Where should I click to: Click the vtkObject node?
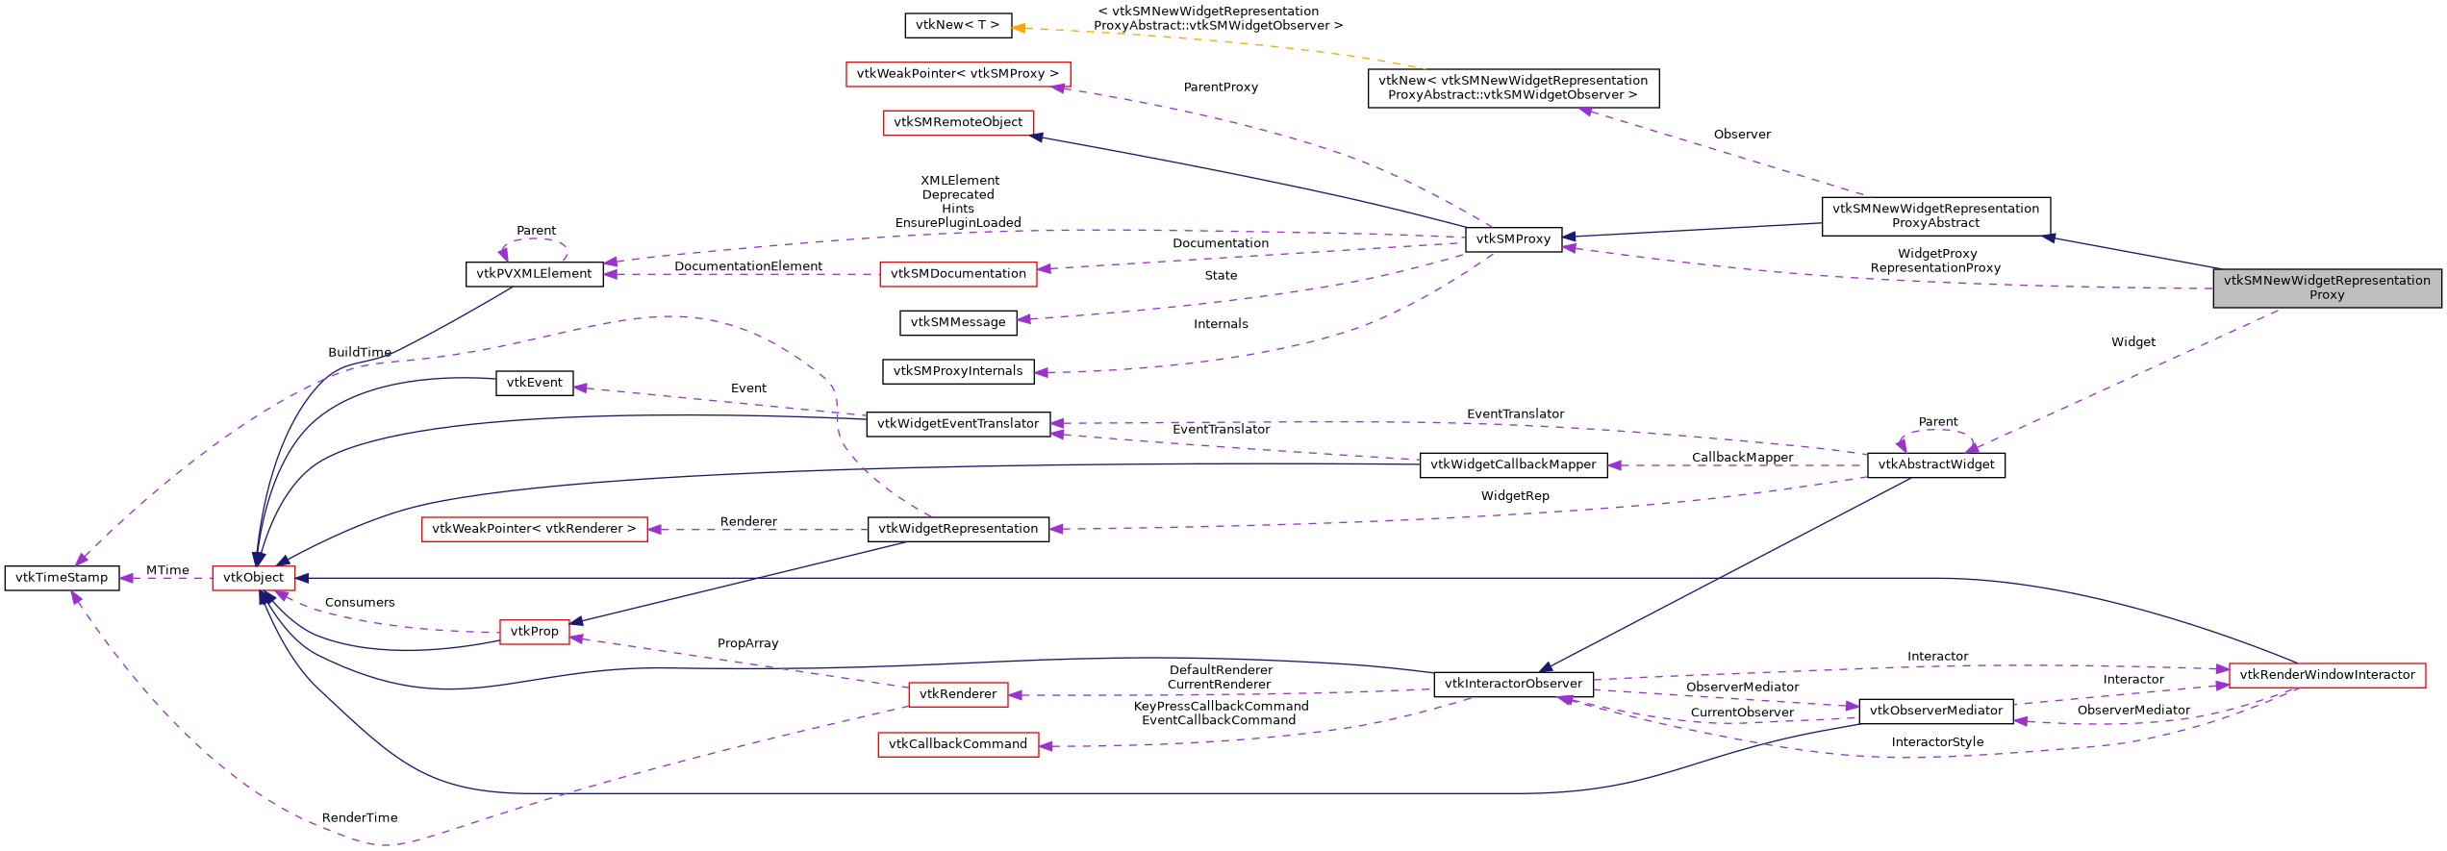(x=253, y=578)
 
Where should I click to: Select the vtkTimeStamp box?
(x=62, y=578)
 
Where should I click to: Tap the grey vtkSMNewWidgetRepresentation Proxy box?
(x=2326, y=288)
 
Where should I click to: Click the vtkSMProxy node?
(x=1513, y=239)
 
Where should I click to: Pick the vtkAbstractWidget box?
(x=1935, y=464)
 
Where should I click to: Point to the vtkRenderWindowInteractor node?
(x=2326, y=675)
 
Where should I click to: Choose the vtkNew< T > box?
(x=957, y=25)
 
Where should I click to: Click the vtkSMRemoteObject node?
(x=958, y=122)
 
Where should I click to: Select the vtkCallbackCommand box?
(x=958, y=744)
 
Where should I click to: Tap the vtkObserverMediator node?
(x=1935, y=711)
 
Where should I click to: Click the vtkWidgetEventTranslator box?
(x=958, y=424)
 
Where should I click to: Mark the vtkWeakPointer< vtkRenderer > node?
(x=534, y=529)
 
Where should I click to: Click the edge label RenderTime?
(x=360, y=818)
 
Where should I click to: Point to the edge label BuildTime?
(x=360, y=353)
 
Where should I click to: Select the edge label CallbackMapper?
(x=1742, y=458)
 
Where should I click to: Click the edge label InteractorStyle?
(x=1937, y=742)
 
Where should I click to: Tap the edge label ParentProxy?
(x=1221, y=88)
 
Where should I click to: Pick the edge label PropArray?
(x=747, y=643)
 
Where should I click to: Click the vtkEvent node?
(x=534, y=383)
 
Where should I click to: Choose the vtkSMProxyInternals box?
(x=958, y=371)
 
